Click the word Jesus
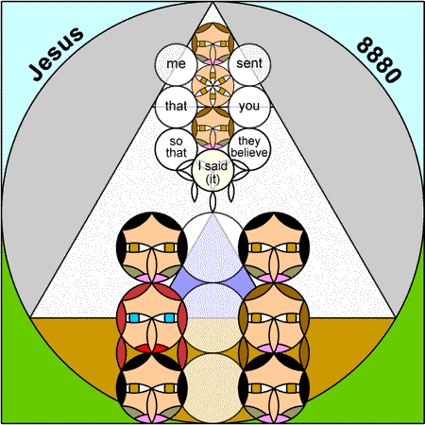tap(57, 54)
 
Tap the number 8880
tap(379, 59)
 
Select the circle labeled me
tap(176, 64)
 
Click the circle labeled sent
tap(249, 64)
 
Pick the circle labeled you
tap(249, 107)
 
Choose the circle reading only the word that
tap(176, 107)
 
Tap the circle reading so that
tap(176, 149)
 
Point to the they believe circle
tap(249, 149)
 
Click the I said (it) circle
tap(212, 170)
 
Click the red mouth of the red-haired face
tap(152, 348)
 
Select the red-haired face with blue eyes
tap(152, 318)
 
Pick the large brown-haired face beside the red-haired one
tap(274, 318)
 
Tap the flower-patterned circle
tap(212, 86)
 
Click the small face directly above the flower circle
tap(212, 43)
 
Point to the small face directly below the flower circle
tap(212, 127)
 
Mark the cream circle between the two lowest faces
tap(212, 388)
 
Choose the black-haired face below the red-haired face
tap(152, 388)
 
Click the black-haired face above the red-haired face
tap(152, 247)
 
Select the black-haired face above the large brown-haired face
tap(274, 247)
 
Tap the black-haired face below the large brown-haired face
tap(274, 388)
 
